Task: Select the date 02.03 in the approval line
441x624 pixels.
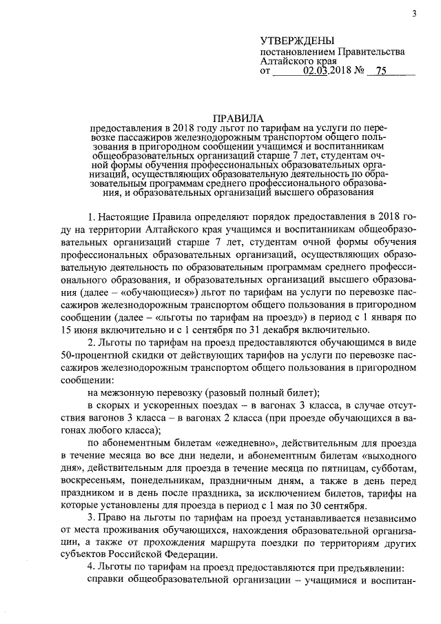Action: tap(319, 70)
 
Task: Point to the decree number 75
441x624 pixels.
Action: tap(380, 70)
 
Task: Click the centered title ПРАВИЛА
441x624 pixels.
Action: tap(238, 118)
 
